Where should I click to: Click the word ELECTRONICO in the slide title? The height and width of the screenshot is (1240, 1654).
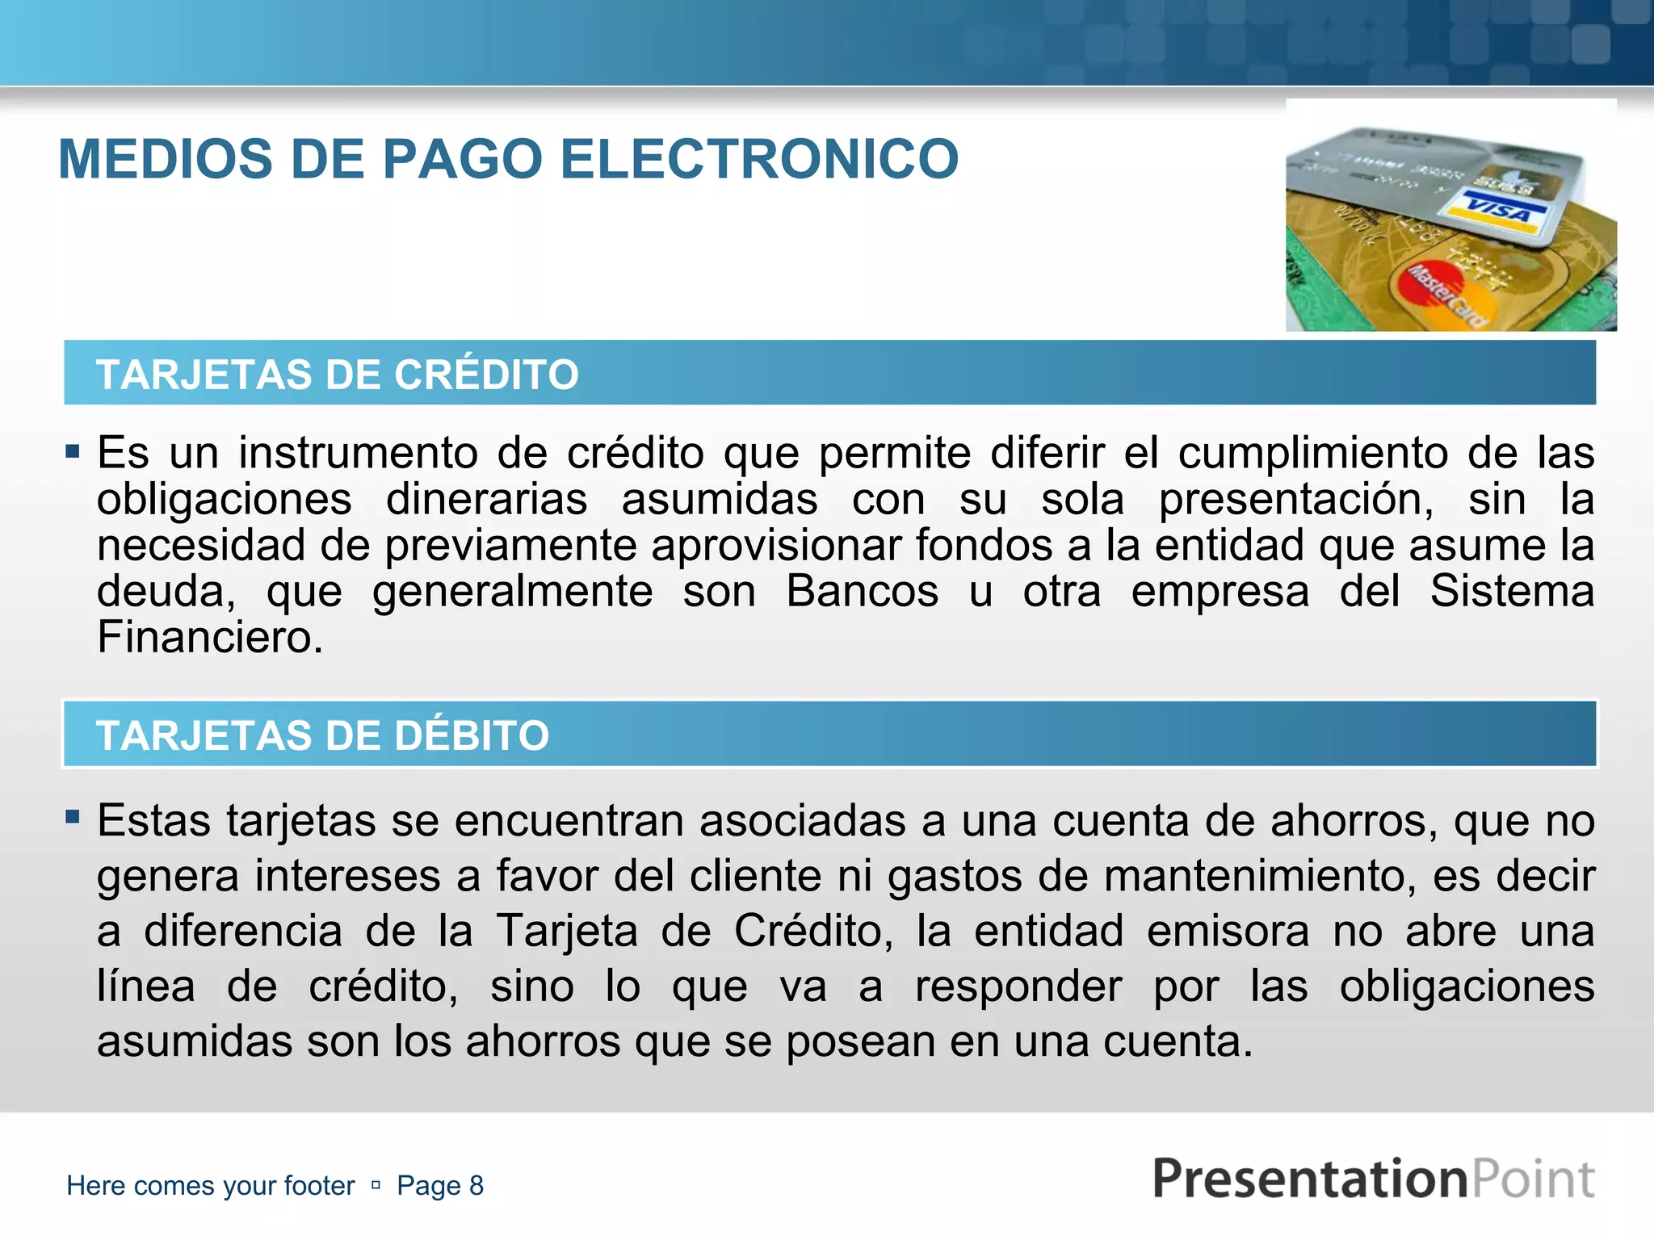point(759,159)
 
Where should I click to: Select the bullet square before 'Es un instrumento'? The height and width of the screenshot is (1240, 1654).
point(73,450)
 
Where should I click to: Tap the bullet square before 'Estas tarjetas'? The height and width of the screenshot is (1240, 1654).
point(73,817)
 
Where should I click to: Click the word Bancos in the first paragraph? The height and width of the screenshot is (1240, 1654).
point(862,591)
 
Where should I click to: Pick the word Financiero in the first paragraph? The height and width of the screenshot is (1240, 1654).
point(210,637)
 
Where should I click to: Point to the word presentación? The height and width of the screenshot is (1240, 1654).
point(1295,499)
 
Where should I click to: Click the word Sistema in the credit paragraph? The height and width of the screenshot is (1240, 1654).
point(1512,591)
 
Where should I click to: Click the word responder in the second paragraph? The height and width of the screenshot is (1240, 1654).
point(1018,986)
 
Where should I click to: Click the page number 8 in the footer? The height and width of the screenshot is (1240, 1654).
point(476,1185)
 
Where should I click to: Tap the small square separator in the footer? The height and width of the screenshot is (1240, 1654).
point(376,1185)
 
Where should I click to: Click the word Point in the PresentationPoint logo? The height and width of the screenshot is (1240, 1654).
point(1533,1179)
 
